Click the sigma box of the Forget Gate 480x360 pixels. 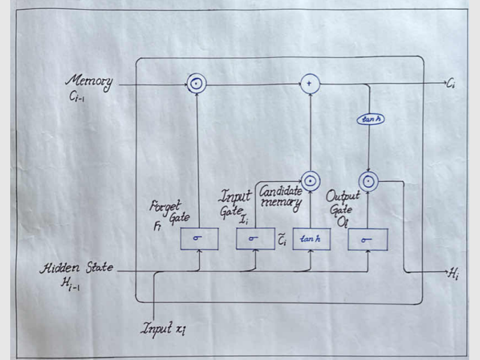[199, 239]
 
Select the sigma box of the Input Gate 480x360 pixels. [255, 239]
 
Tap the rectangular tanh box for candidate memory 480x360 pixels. [311, 239]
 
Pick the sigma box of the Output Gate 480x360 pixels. [368, 239]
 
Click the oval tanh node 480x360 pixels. [370, 119]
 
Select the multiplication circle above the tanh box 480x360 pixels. [310, 179]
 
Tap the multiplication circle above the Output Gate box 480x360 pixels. [368, 179]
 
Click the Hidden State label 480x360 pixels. [76, 268]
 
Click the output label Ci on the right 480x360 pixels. [451, 85]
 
